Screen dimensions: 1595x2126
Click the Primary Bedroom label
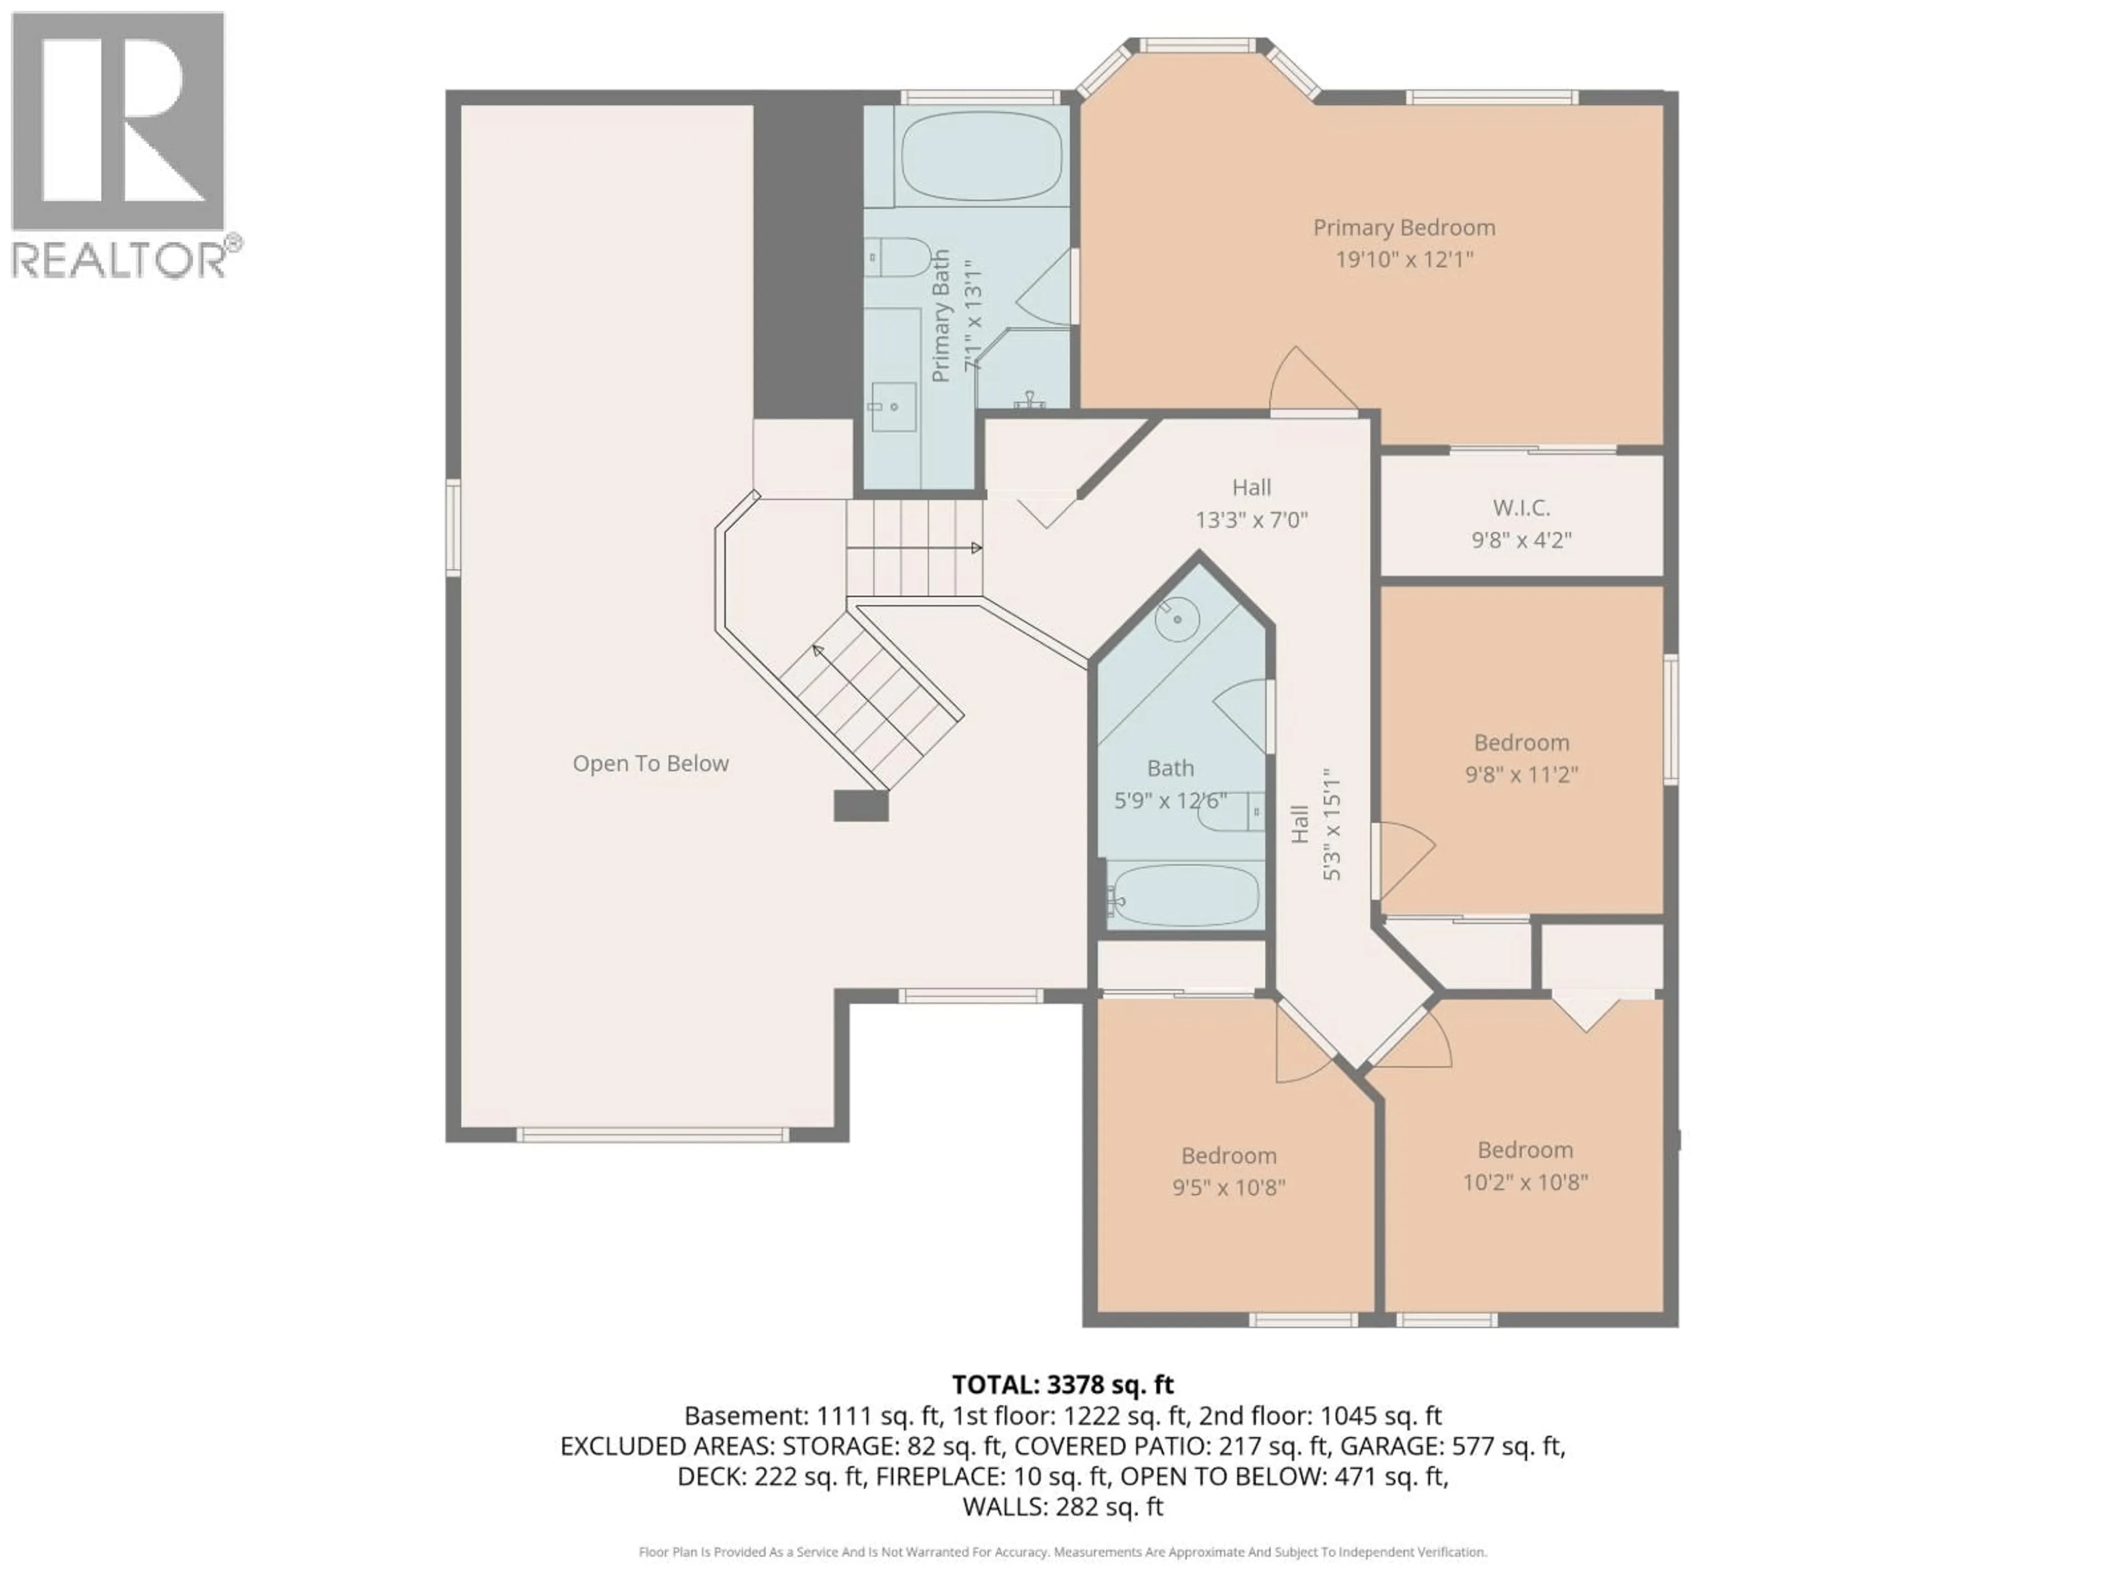click(x=1403, y=228)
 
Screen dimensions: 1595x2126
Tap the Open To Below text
click(x=651, y=763)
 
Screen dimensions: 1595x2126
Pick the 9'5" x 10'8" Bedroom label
click(x=1229, y=1156)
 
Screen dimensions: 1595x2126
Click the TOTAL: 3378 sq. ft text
click(x=1062, y=1385)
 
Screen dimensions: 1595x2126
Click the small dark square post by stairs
click(x=860, y=806)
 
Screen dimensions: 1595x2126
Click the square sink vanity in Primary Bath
click(x=893, y=407)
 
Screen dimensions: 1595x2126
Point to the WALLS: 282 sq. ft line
click(x=1062, y=1506)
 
